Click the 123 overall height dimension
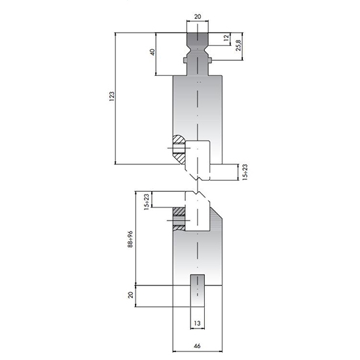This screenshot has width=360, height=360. tap(111, 98)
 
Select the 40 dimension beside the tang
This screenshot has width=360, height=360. tap(152, 52)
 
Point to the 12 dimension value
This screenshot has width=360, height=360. tap(226, 39)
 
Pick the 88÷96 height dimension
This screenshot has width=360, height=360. tap(131, 240)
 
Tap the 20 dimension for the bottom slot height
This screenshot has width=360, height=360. tap(131, 295)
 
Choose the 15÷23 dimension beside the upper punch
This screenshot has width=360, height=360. tap(244, 172)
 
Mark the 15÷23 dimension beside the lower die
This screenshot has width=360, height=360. tap(146, 200)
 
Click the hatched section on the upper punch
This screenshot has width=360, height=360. tap(177, 150)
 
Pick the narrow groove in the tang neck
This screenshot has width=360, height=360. tap(197, 46)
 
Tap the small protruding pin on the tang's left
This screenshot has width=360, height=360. tap(185, 62)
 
